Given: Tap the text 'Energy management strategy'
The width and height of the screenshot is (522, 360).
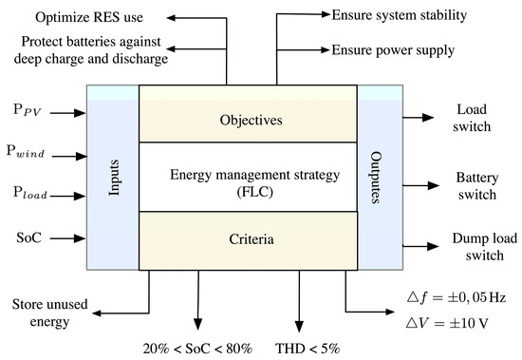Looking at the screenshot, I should [247, 173].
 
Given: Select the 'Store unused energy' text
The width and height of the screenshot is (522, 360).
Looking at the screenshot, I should [40, 313].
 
